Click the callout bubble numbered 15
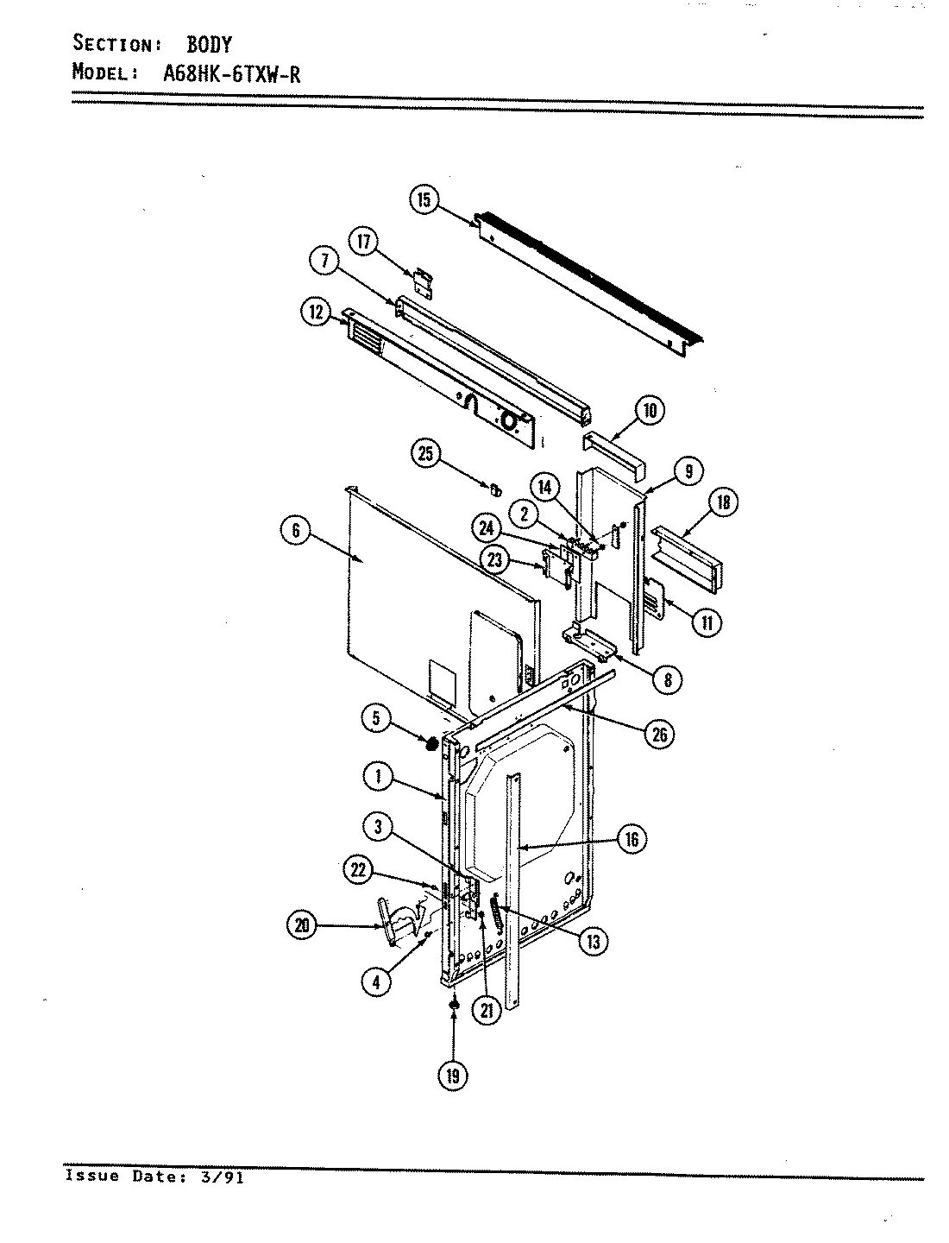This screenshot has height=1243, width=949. click(424, 200)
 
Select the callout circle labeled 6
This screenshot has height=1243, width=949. click(296, 532)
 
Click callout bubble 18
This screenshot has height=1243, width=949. click(722, 503)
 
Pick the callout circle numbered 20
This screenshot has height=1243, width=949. click(302, 925)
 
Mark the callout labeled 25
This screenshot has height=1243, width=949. click(426, 454)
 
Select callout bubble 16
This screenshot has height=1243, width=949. click(632, 839)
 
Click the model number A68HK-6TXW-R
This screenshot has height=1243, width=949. click(231, 73)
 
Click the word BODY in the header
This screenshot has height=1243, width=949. click(209, 44)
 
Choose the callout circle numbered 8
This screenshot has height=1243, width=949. click(666, 679)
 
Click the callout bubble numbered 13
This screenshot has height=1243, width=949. click(593, 940)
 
